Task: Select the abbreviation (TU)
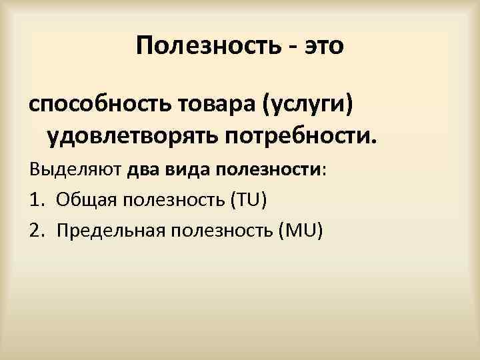[246, 199]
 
